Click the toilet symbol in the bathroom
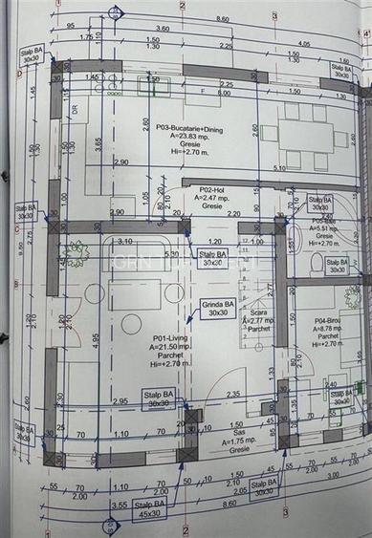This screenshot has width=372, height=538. click(317, 261)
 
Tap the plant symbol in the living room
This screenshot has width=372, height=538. click(74, 254)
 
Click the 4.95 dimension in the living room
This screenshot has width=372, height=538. click(96, 337)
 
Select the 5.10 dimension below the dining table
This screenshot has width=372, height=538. click(278, 168)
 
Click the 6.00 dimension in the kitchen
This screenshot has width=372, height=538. click(224, 94)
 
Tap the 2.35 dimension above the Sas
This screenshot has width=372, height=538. click(232, 393)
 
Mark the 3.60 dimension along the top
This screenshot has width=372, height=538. click(163, 29)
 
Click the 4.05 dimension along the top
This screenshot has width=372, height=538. click(304, 44)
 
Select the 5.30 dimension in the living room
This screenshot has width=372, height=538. click(171, 254)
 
